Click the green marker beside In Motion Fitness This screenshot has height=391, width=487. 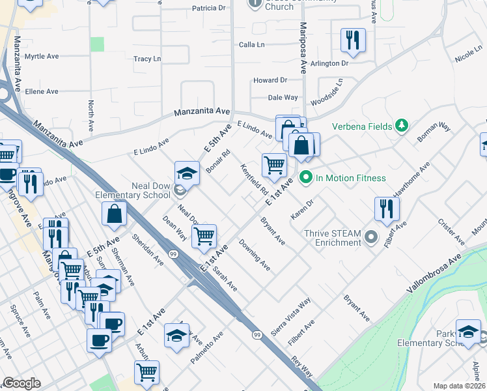[x=304, y=177]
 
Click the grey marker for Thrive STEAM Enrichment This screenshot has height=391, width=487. [x=371, y=237]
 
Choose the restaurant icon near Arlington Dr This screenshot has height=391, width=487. [x=353, y=40]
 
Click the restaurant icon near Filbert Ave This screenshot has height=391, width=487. [x=387, y=209]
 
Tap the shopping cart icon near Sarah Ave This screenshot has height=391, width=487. [x=204, y=235]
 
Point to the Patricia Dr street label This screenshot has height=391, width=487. [x=208, y=8]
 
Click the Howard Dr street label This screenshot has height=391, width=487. [x=270, y=80]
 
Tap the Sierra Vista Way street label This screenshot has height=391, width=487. [x=290, y=317]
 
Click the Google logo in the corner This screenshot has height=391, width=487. [x=21, y=383]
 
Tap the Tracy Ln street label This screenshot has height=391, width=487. [x=147, y=59]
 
